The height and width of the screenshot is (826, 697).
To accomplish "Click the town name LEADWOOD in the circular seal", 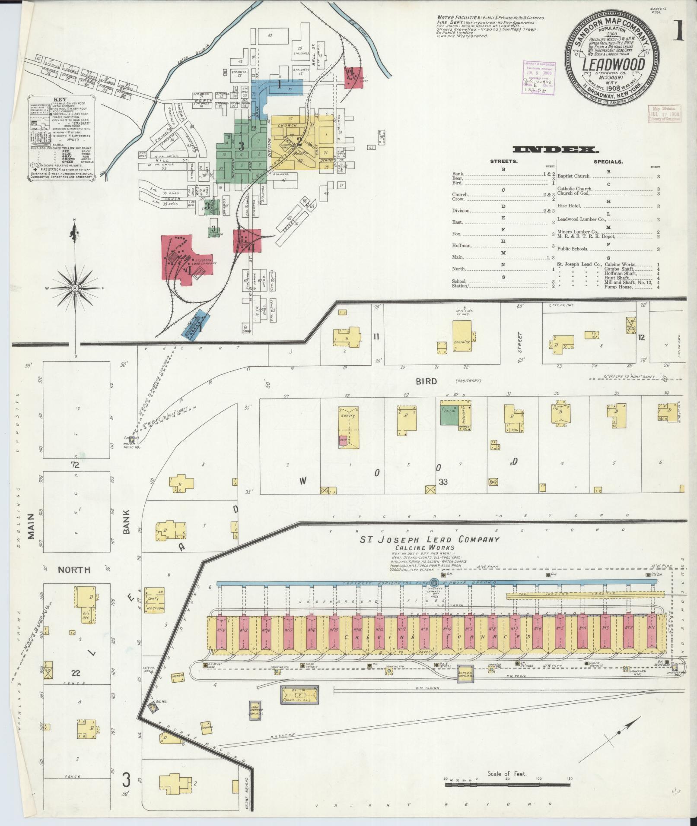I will coord(613,65).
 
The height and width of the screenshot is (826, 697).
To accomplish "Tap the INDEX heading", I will coord(555,150).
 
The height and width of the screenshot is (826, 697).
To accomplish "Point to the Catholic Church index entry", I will coord(575,189).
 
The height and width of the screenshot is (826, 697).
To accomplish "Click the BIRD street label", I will coord(426,381).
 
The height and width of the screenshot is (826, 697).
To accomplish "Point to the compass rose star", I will coord(75,288).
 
